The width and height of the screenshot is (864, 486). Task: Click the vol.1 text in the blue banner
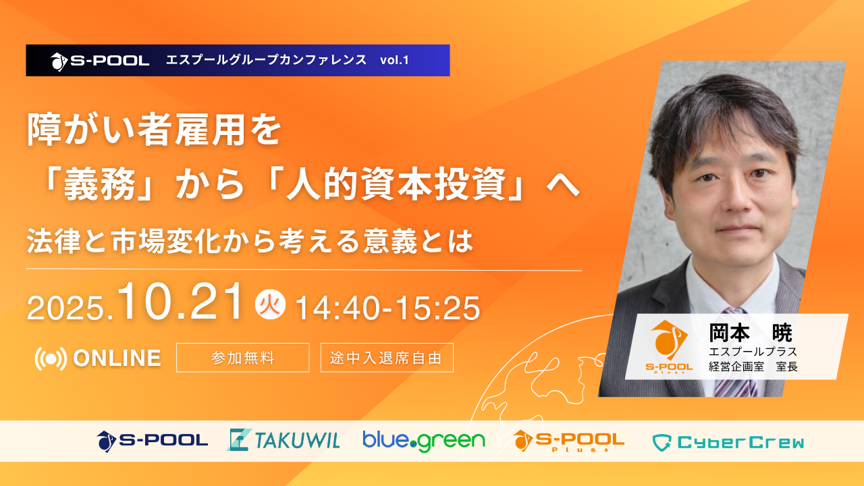click(x=394, y=60)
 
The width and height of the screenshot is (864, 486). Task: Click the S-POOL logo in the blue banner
click(x=99, y=61)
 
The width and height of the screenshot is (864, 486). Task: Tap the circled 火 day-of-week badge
click(x=270, y=304)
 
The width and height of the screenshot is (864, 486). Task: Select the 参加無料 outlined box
click(x=242, y=358)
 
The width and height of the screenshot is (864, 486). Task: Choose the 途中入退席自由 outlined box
click(x=387, y=358)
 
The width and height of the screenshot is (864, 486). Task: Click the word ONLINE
click(x=117, y=358)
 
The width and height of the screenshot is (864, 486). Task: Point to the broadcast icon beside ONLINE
click(x=51, y=358)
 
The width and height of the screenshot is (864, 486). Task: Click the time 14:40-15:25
click(x=387, y=308)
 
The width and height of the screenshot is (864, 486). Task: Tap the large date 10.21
click(x=180, y=302)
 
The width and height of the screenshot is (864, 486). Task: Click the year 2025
click(x=70, y=308)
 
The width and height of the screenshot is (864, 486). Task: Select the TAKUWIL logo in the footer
click(x=283, y=440)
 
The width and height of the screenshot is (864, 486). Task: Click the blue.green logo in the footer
click(x=424, y=441)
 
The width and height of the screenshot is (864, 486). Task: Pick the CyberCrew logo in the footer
click(x=728, y=442)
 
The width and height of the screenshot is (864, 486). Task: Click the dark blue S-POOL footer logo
click(x=153, y=441)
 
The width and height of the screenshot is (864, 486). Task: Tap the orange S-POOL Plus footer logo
click(x=569, y=441)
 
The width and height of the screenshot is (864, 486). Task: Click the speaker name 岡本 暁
click(x=750, y=333)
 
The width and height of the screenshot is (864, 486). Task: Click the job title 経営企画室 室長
click(x=753, y=367)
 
